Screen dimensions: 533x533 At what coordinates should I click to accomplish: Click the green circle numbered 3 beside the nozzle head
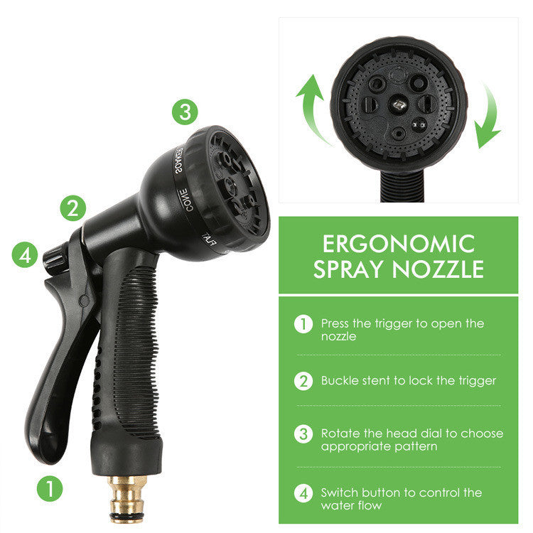click(x=184, y=112)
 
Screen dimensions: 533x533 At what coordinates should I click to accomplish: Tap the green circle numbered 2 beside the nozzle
click(x=72, y=208)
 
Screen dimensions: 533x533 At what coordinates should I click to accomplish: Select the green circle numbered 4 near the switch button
click(x=26, y=255)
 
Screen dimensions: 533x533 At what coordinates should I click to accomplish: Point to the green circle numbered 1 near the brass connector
click(x=50, y=488)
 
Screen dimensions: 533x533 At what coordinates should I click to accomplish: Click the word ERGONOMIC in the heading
click(x=398, y=244)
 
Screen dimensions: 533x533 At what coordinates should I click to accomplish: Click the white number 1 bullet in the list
click(x=303, y=324)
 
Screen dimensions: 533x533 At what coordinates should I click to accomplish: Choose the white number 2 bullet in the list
click(x=303, y=381)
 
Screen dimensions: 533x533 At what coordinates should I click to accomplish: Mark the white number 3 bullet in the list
click(x=303, y=434)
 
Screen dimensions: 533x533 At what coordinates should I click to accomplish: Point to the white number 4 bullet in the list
click(x=303, y=492)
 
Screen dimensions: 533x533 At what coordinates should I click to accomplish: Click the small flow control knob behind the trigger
click(x=55, y=257)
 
